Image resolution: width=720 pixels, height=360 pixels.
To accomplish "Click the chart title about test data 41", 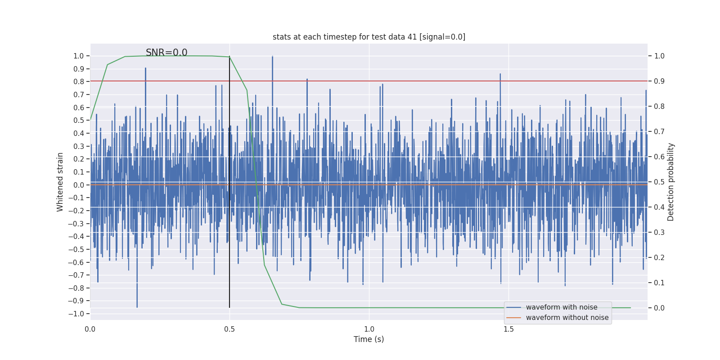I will click(x=369, y=37).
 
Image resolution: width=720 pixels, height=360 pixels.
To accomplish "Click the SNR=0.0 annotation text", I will click(x=166, y=53).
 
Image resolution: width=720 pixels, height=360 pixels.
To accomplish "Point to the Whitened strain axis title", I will click(x=60, y=182).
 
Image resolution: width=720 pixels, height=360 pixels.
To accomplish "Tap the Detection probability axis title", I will click(x=671, y=182).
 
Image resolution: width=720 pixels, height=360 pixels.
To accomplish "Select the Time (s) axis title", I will click(x=369, y=339).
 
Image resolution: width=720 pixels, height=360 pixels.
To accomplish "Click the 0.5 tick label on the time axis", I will click(x=229, y=329).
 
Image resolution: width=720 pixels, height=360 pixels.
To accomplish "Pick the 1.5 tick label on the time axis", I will click(x=508, y=329).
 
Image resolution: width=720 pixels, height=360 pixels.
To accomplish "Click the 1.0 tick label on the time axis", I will click(x=369, y=329).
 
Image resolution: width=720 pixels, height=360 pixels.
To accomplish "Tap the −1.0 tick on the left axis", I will click(x=78, y=314).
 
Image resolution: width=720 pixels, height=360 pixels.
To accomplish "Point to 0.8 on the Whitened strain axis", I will click(x=79, y=81).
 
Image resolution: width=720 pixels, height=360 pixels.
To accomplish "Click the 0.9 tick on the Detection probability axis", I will click(x=659, y=81).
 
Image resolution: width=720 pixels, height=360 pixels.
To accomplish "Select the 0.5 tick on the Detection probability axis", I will click(x=659, y=182).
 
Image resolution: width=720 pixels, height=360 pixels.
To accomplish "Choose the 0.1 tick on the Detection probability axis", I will click(x=659, y=283).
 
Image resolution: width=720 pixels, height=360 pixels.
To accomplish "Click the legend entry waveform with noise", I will click(x=562, y=307).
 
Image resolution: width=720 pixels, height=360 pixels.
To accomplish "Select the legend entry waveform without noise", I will click(x=567, y=318).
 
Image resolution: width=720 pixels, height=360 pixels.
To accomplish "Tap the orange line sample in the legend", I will click(x=513, y=318).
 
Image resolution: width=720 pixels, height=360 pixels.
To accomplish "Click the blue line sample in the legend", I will click(x=513, y=307).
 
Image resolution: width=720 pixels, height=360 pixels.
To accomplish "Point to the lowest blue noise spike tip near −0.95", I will click(x=137, y=307).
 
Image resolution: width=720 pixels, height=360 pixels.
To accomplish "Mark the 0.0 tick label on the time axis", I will click(x=90, y=329).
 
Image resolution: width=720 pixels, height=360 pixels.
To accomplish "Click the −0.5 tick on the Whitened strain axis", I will click(x=78, y=249).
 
